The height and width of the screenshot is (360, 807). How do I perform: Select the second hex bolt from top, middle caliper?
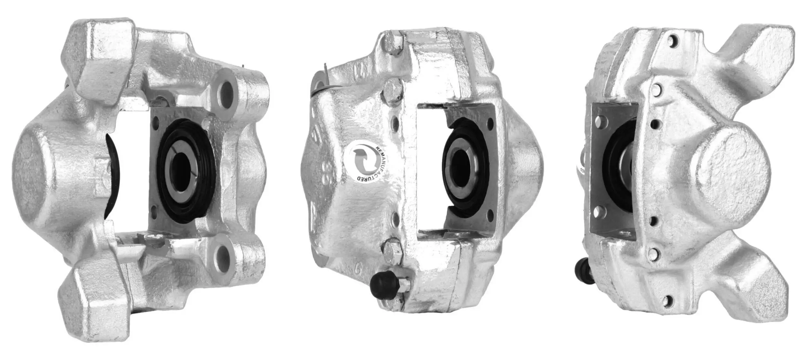(x=392, y=91)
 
